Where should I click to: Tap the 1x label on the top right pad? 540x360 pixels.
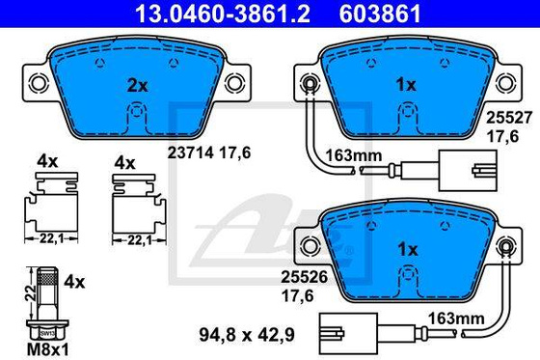(405, 85)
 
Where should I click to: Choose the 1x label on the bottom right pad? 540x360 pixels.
(405, 249)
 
